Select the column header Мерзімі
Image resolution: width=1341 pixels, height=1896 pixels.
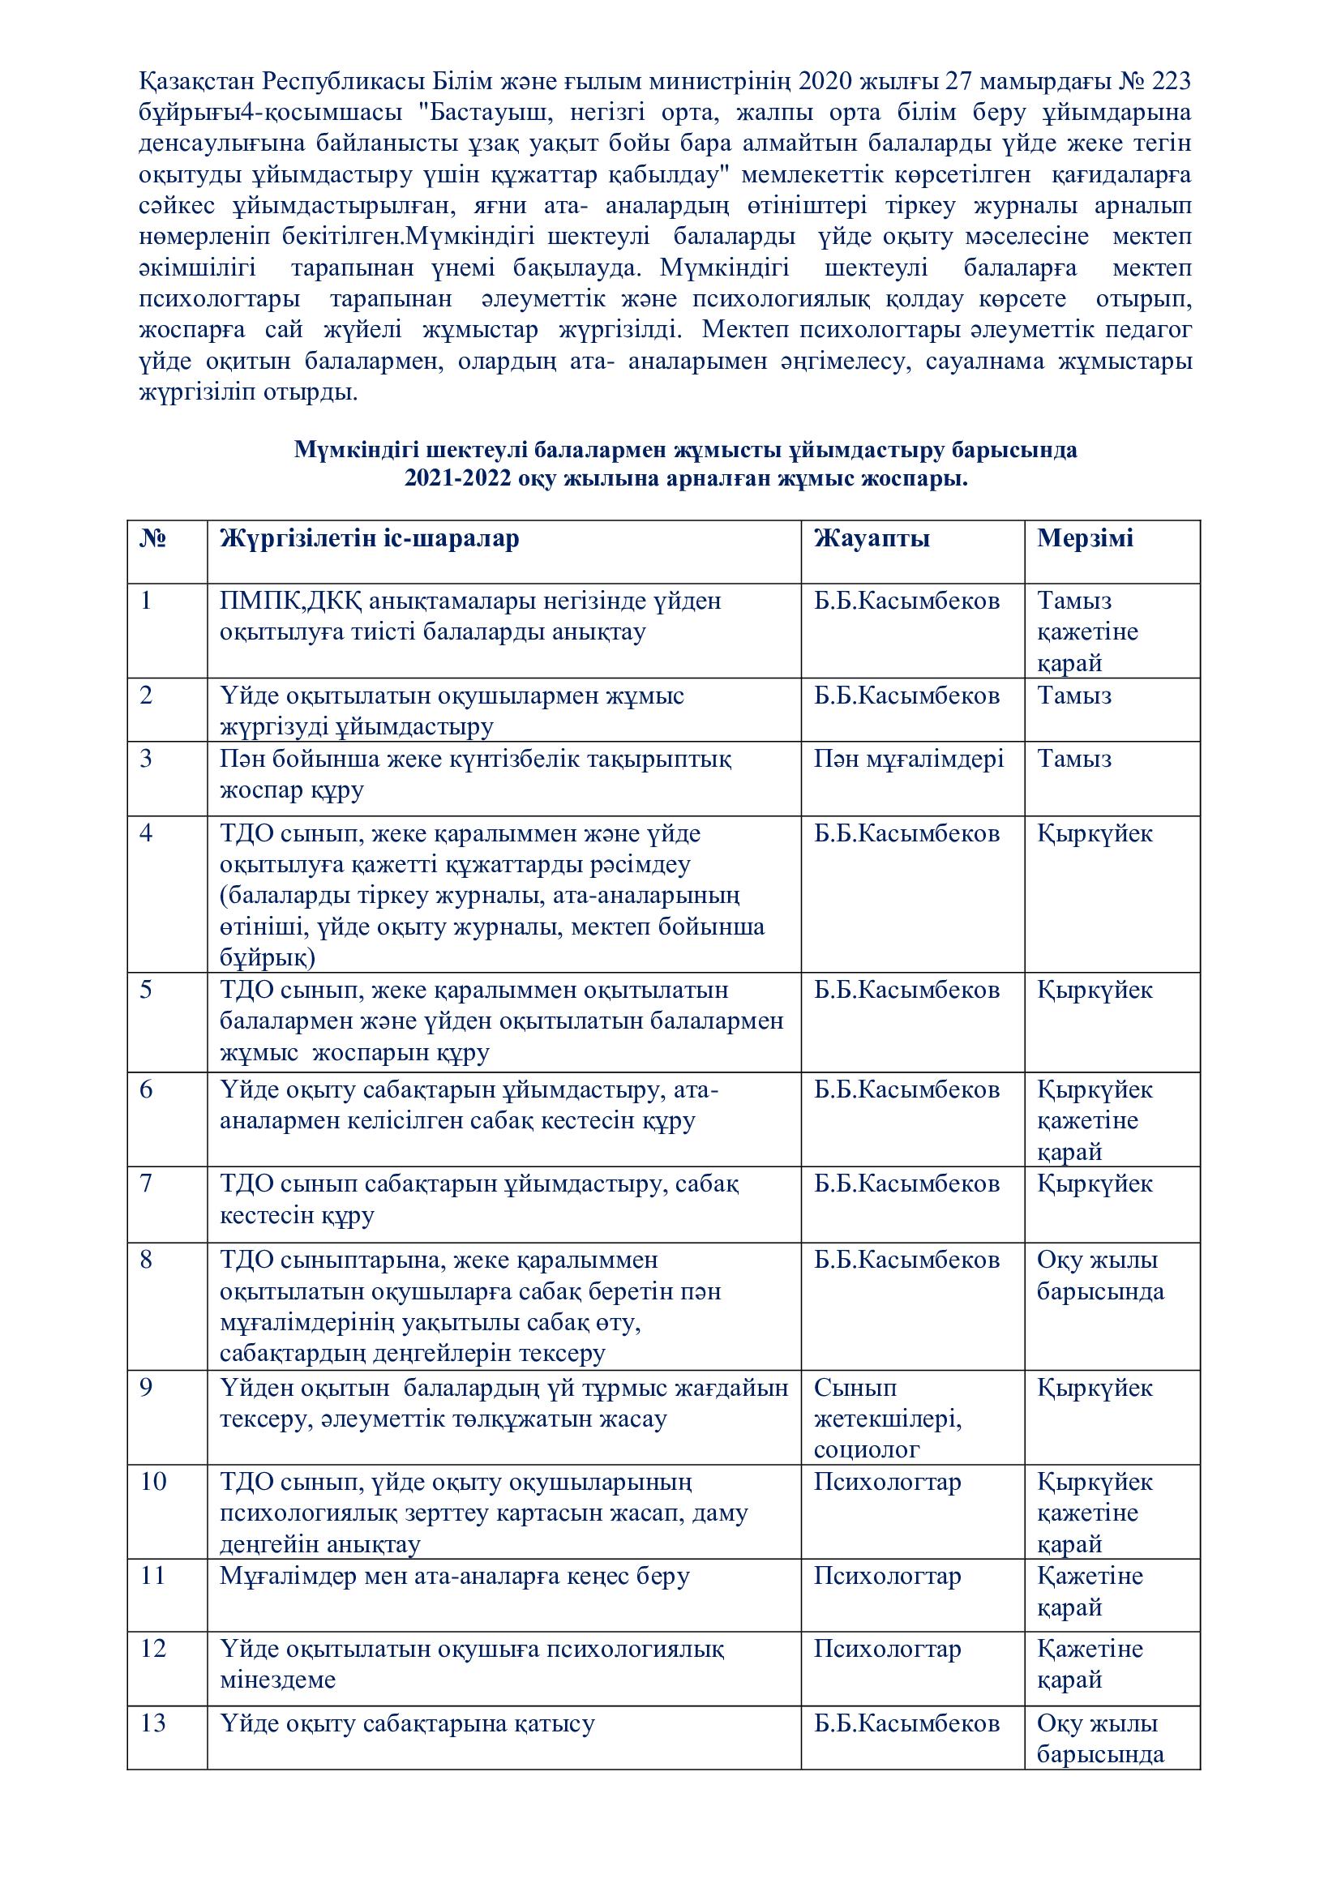pyautogui.click(x=1085, y=538)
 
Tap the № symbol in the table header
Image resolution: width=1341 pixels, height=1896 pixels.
pyautogui.click(x=152, y=538)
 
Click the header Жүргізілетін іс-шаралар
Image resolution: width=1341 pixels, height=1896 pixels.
pyautogui.click(x=370, y=538)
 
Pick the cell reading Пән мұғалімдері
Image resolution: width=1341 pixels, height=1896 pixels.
pyautogui.click(x=908, y=759)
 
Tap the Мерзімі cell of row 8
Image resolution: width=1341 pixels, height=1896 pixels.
pyautogui.click(x=1100, y=1275)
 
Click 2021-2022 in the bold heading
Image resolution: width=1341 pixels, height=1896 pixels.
pyautogui.click(x=457, y=480)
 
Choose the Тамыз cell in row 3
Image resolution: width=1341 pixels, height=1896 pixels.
pyautogui.click(x=1074, y=759)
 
